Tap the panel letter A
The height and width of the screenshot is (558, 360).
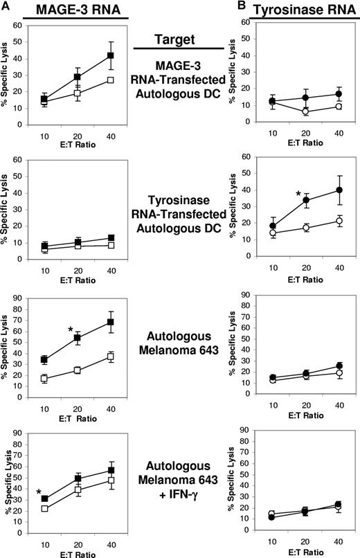(x=6, y=6)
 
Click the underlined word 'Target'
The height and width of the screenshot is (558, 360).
(x=178, y=41)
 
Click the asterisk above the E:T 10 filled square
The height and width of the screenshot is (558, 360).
(x=39, y=492)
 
